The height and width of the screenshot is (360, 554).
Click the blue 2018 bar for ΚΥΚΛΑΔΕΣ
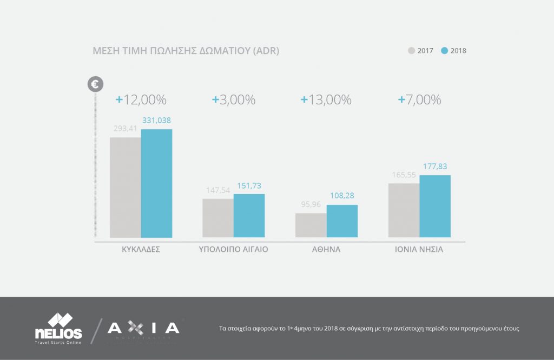point(156,183)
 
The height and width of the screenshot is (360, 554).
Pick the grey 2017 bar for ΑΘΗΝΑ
point(311,225)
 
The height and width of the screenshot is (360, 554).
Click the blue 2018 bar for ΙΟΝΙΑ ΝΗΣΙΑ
point(435,206)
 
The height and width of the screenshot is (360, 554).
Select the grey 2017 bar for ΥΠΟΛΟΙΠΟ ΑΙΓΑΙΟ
point(218,218)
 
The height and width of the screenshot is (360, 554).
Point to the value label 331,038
point(156,121)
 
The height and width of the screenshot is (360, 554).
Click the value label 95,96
point(311,205)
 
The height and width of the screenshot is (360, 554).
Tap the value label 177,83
point(435,166)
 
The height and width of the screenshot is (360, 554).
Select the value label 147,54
point(218,191)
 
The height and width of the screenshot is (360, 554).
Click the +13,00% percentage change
point(326,100)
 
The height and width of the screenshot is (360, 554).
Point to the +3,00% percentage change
point(234,100)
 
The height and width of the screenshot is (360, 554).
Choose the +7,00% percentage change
point(419,100)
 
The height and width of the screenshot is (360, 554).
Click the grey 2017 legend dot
point(412,51)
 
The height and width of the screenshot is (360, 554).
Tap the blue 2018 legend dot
point(444,51)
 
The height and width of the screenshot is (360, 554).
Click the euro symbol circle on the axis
point(95,84)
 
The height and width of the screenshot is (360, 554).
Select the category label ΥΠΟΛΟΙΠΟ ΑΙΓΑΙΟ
point(234,250)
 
